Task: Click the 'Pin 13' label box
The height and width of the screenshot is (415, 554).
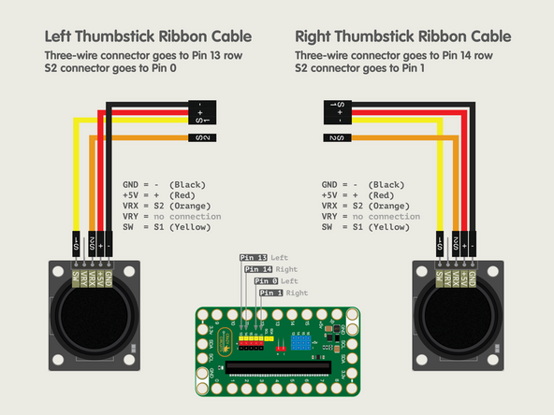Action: pyautogui.click(x=254, y=257)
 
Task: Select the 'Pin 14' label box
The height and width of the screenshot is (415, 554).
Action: pyautogui.click(x=259, y=269)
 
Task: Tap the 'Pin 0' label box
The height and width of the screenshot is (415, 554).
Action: pyautogui.click(x=265, y=281)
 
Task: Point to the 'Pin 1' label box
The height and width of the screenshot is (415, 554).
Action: pyautogui.click(x=270, y=293)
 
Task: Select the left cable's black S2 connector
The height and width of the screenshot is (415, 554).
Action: pyautogui.click(x=201, y=138)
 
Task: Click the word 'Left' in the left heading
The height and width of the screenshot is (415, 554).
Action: pyautogui.click(x=60, y=37)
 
